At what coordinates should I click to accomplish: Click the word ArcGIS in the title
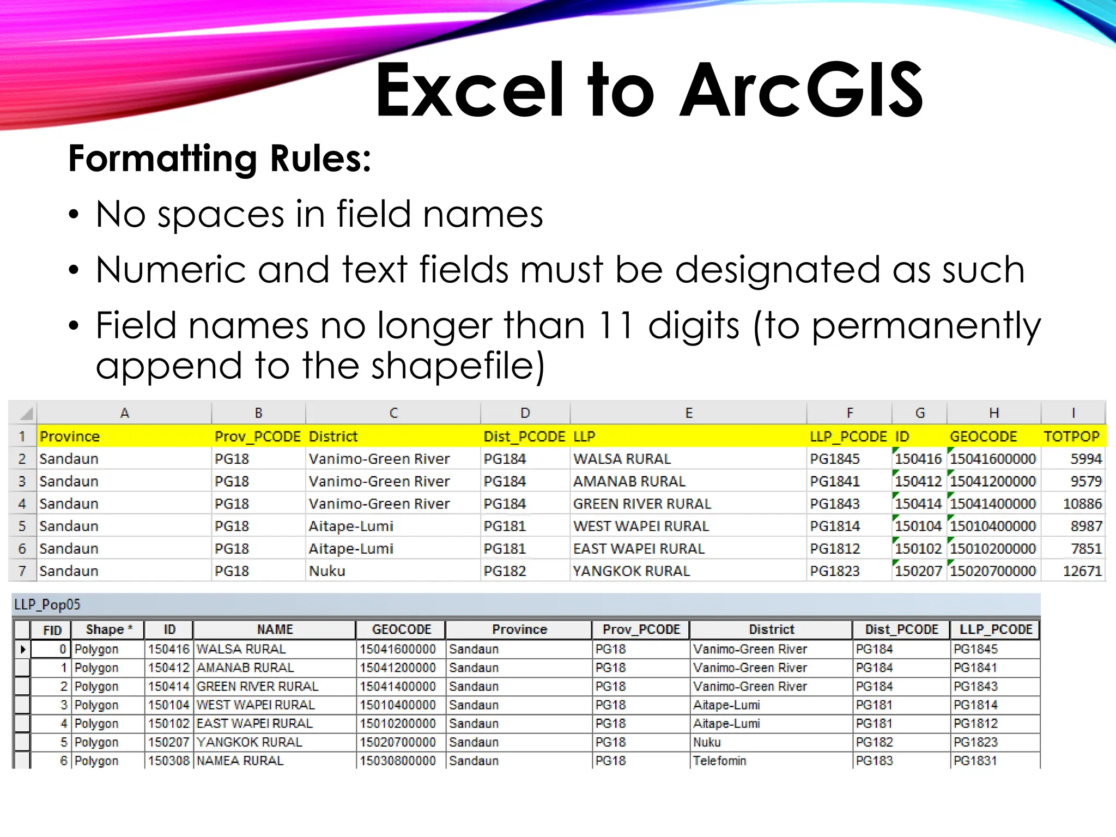tap(802, 90)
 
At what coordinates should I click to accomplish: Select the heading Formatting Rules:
tap(220, 159)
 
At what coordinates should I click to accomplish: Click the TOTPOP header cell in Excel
tap(1071, 436)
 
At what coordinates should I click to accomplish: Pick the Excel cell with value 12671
tap(1082, 571)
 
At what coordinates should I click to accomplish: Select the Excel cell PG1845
tap(834, 459)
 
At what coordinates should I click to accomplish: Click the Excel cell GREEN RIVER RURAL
tap(642, 504)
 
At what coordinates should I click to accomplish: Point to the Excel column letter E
tap(688, 413)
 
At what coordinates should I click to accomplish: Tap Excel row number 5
tap(22, 526)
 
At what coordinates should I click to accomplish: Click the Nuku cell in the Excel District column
tap(327, 571)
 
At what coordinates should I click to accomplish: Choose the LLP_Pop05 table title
tap(47, 604)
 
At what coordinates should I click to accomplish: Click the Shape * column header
tap(108, 629)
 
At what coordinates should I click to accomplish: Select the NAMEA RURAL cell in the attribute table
tap(240, 761)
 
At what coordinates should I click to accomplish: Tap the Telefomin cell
tap(719, 761)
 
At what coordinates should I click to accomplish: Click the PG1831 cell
tap(975, 761)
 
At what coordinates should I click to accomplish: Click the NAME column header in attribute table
tap(275, 629)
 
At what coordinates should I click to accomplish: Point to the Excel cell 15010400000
tap(992, 526)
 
